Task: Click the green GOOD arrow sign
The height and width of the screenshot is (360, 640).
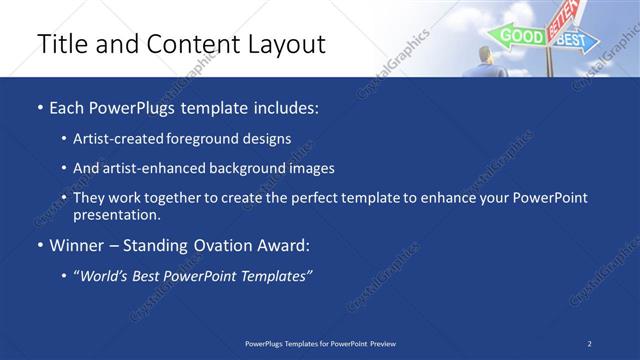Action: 518,36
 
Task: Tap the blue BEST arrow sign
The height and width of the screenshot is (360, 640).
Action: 572,40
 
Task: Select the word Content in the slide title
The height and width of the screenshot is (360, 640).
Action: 190,44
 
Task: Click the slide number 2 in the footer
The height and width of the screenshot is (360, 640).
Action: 590,343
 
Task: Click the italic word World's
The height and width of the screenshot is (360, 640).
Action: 105,275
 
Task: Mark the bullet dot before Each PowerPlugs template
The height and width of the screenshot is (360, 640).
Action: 39,107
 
